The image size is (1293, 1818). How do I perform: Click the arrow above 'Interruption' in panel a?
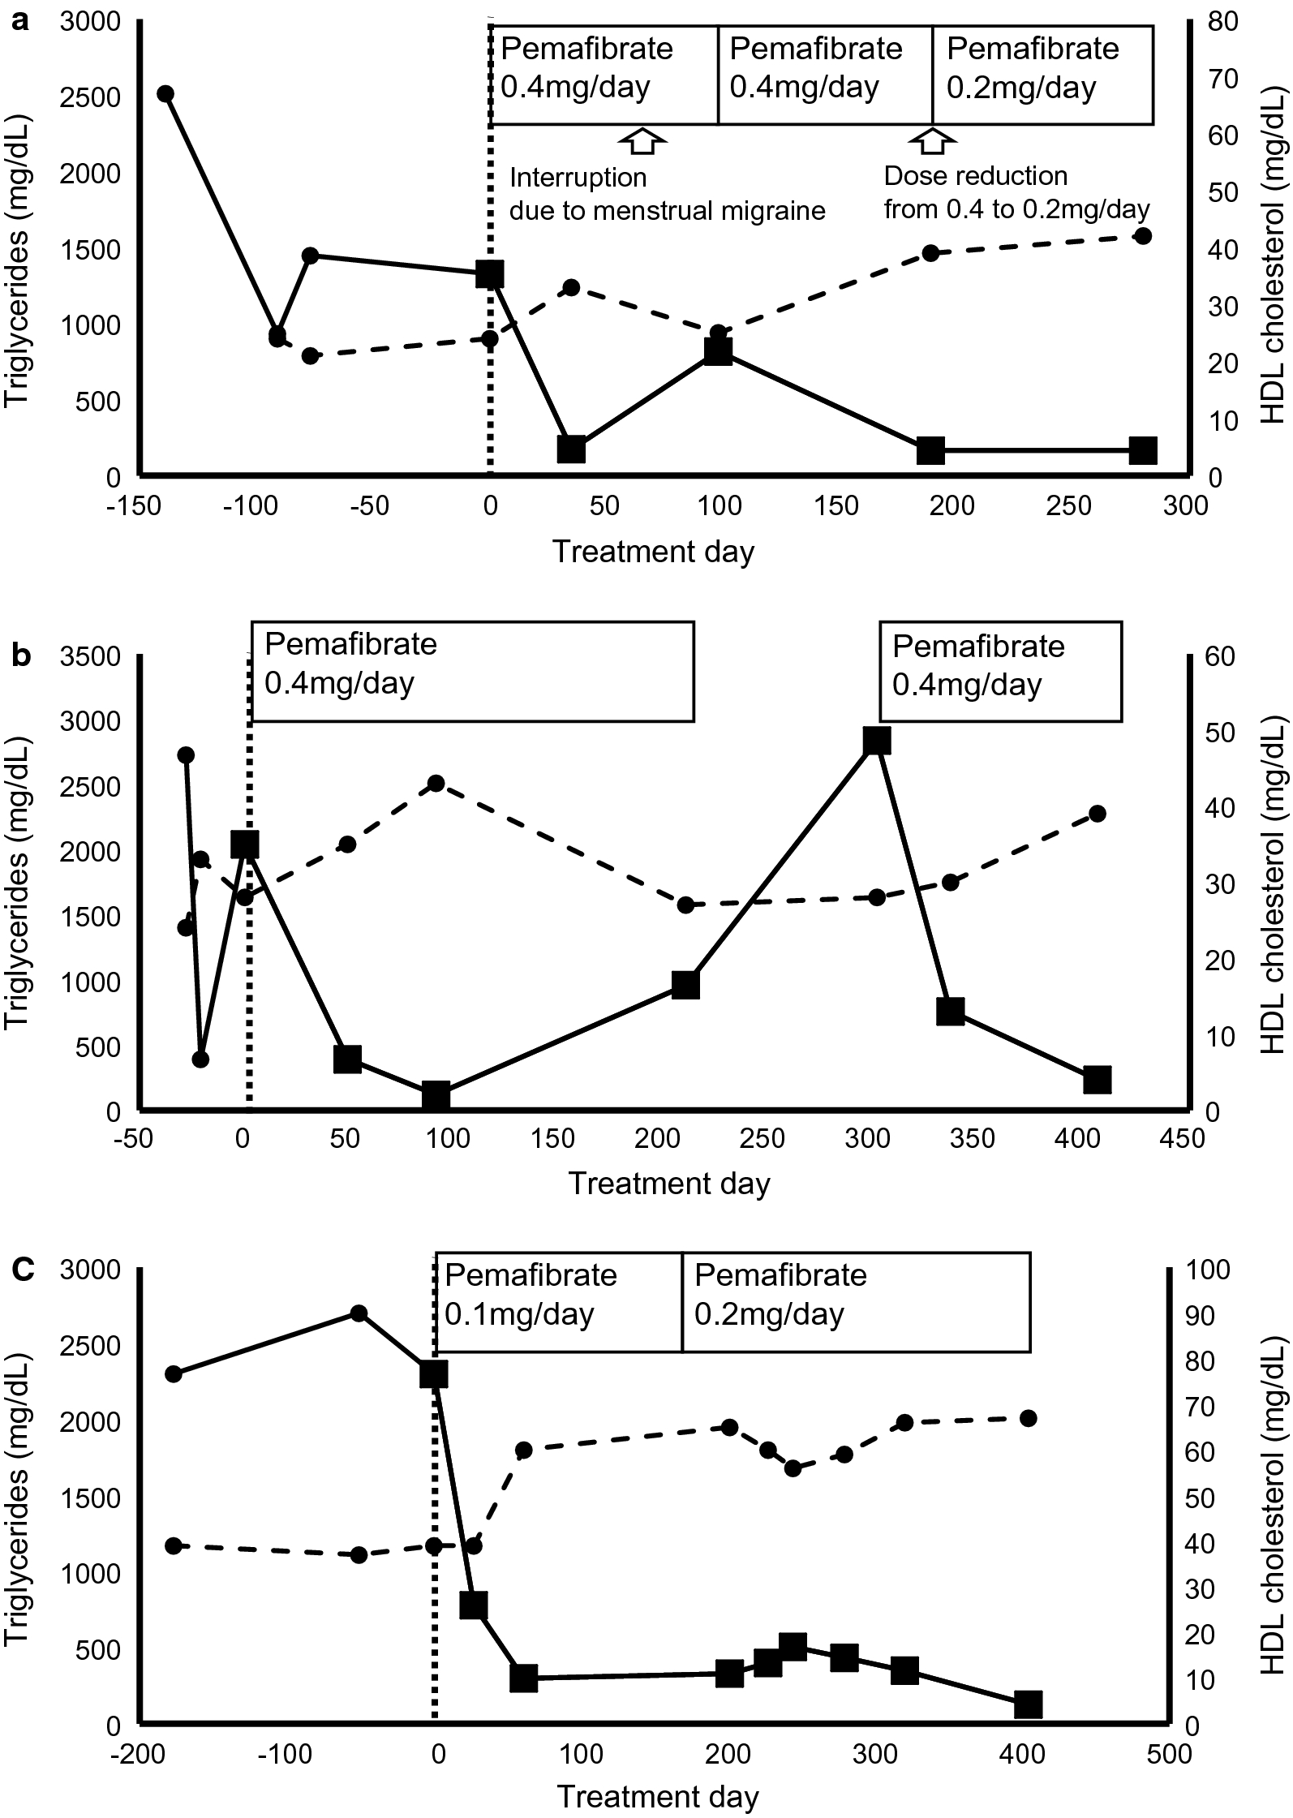point(642,140)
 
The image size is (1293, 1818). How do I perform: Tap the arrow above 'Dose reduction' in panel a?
point(932,140)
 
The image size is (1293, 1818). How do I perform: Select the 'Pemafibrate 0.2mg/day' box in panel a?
point(1042,75)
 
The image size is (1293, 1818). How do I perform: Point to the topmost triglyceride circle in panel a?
point(165,93)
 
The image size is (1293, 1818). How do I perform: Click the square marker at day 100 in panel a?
point(719,351)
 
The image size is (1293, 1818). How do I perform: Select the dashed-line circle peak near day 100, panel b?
point(436,784)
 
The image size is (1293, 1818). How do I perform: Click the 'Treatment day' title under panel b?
point(668,1183)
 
